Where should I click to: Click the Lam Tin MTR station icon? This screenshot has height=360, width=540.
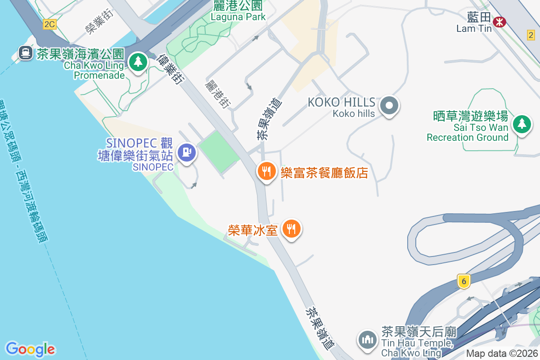[499, 21]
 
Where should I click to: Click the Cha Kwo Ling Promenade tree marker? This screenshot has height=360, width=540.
[138, 62]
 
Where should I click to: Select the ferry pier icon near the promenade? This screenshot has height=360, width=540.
[25, 54]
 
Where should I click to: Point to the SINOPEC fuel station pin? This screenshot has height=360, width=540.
[186, 152]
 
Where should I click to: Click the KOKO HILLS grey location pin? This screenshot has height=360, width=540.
[389, 106]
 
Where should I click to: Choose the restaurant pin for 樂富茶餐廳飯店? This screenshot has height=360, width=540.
[266, 171]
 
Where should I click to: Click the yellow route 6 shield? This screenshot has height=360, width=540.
[463, 281]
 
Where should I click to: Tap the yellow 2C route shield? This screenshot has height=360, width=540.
[49, 24]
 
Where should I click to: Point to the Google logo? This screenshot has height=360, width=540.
[30, 349]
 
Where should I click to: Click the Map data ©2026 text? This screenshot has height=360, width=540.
[502, 354]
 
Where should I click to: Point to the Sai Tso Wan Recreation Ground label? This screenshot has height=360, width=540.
[468, 127]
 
